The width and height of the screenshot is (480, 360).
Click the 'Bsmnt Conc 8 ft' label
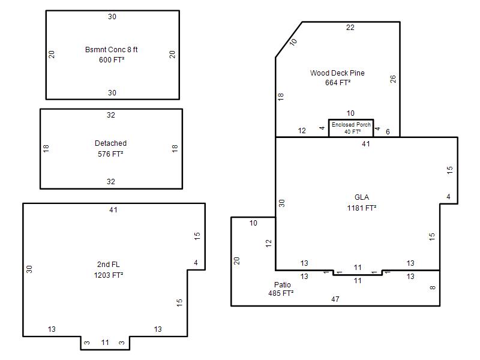click(x=111, y=50)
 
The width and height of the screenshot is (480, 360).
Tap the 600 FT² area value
click(x=112, y=59)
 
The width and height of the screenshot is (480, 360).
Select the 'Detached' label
click(x=110, y=143)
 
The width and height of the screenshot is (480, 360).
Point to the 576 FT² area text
click(x=110, y=154)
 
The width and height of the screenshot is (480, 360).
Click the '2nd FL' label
click(x=109, y=265)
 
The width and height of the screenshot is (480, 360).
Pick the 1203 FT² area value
click(x=109, y=275)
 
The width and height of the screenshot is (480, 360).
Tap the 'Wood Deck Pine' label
click(x=337, y=73)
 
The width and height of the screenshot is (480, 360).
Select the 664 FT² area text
click(x=338, y=83)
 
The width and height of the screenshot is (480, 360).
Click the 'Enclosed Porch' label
click(x=351, y=125)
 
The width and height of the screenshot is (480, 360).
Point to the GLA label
click(x=362, y=197)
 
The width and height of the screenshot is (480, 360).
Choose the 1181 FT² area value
click(x=362, y=208)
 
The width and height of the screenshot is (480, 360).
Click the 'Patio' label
click(x=282, y=284)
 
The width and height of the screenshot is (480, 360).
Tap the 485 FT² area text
click(x=281, y=293)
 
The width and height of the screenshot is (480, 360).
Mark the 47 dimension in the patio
click(x=335, y=299)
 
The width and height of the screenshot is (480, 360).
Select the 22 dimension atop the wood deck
click(x=350, y=28)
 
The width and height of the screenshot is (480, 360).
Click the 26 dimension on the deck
click(x=393, y=79)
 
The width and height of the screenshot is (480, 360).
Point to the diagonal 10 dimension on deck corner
click(x=293, y=42)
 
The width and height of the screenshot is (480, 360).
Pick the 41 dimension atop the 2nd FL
click(x=113, y=209)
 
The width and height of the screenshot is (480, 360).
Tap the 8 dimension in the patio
click(x=432, y=287)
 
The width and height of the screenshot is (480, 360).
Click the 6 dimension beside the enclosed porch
click(x=388, y=131)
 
